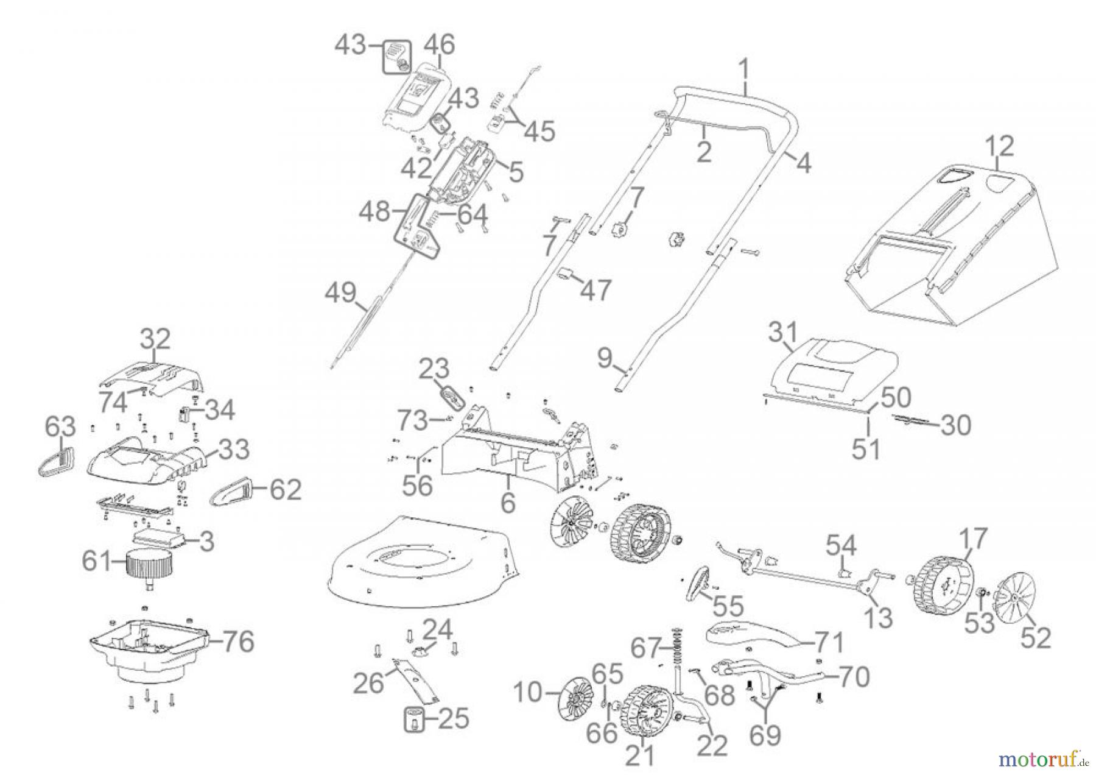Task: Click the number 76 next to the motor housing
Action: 237,642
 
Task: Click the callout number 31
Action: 782,333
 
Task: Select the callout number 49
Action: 340,293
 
